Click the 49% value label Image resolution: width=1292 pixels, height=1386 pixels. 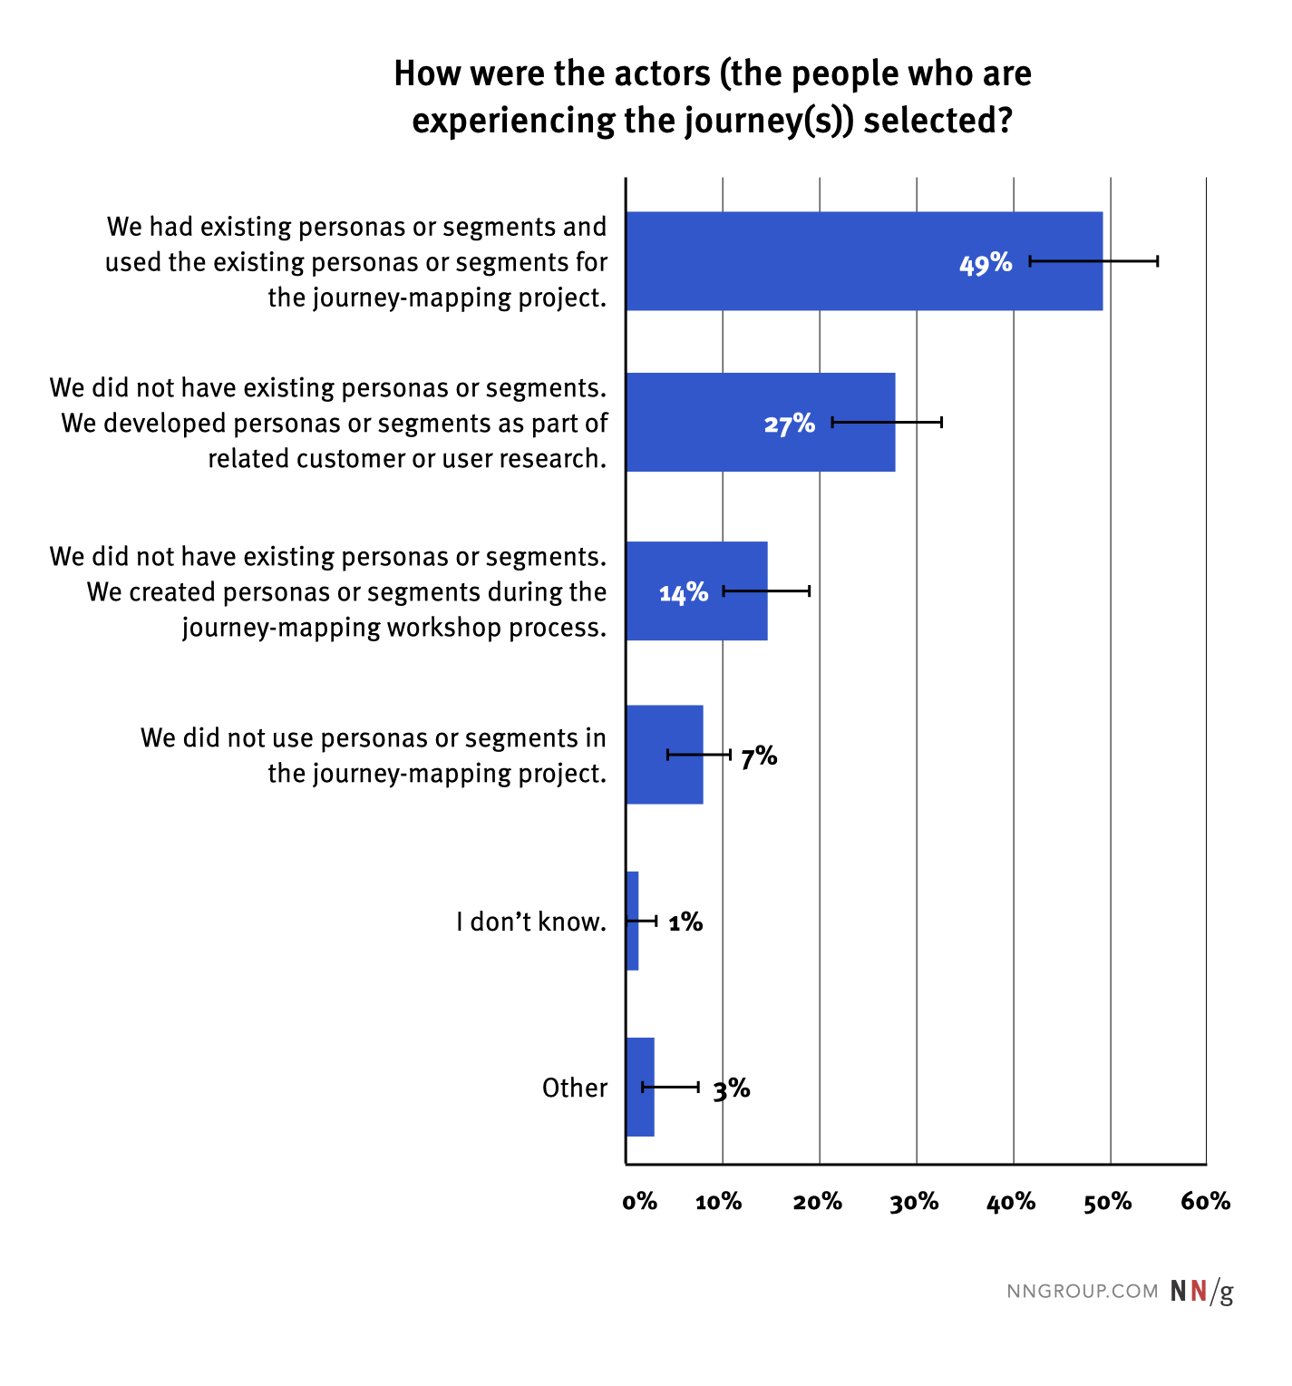986,263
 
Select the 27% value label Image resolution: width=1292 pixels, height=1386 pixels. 789,424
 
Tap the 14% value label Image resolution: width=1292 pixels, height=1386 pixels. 684,592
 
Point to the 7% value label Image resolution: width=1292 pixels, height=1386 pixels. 759,756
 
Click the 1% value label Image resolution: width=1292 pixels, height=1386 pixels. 685,922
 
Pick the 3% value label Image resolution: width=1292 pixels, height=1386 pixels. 732,1088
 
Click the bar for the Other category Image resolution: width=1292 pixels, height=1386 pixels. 640,1087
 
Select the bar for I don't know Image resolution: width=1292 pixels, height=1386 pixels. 632,921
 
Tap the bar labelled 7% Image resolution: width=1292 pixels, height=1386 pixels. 665,755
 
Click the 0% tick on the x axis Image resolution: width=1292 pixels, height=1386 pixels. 639,1202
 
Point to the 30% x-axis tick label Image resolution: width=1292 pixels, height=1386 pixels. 914,1202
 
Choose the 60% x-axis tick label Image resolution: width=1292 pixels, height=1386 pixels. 1205,1202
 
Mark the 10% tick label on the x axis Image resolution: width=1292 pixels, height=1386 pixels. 719,1202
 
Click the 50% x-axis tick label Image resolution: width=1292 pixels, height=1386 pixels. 1108,1202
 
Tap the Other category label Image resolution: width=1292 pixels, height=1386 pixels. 575,1088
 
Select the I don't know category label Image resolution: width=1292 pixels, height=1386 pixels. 531,922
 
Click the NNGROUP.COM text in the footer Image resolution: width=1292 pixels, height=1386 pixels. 1083,1291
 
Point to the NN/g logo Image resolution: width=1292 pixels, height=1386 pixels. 1201,1291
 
